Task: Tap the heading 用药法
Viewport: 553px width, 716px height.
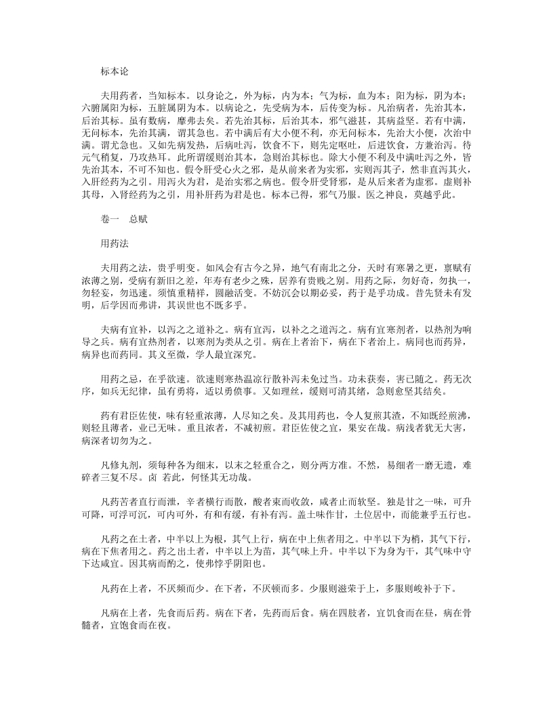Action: [x=114, y=243]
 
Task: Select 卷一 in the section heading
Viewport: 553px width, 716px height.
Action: [x=109, y=220]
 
